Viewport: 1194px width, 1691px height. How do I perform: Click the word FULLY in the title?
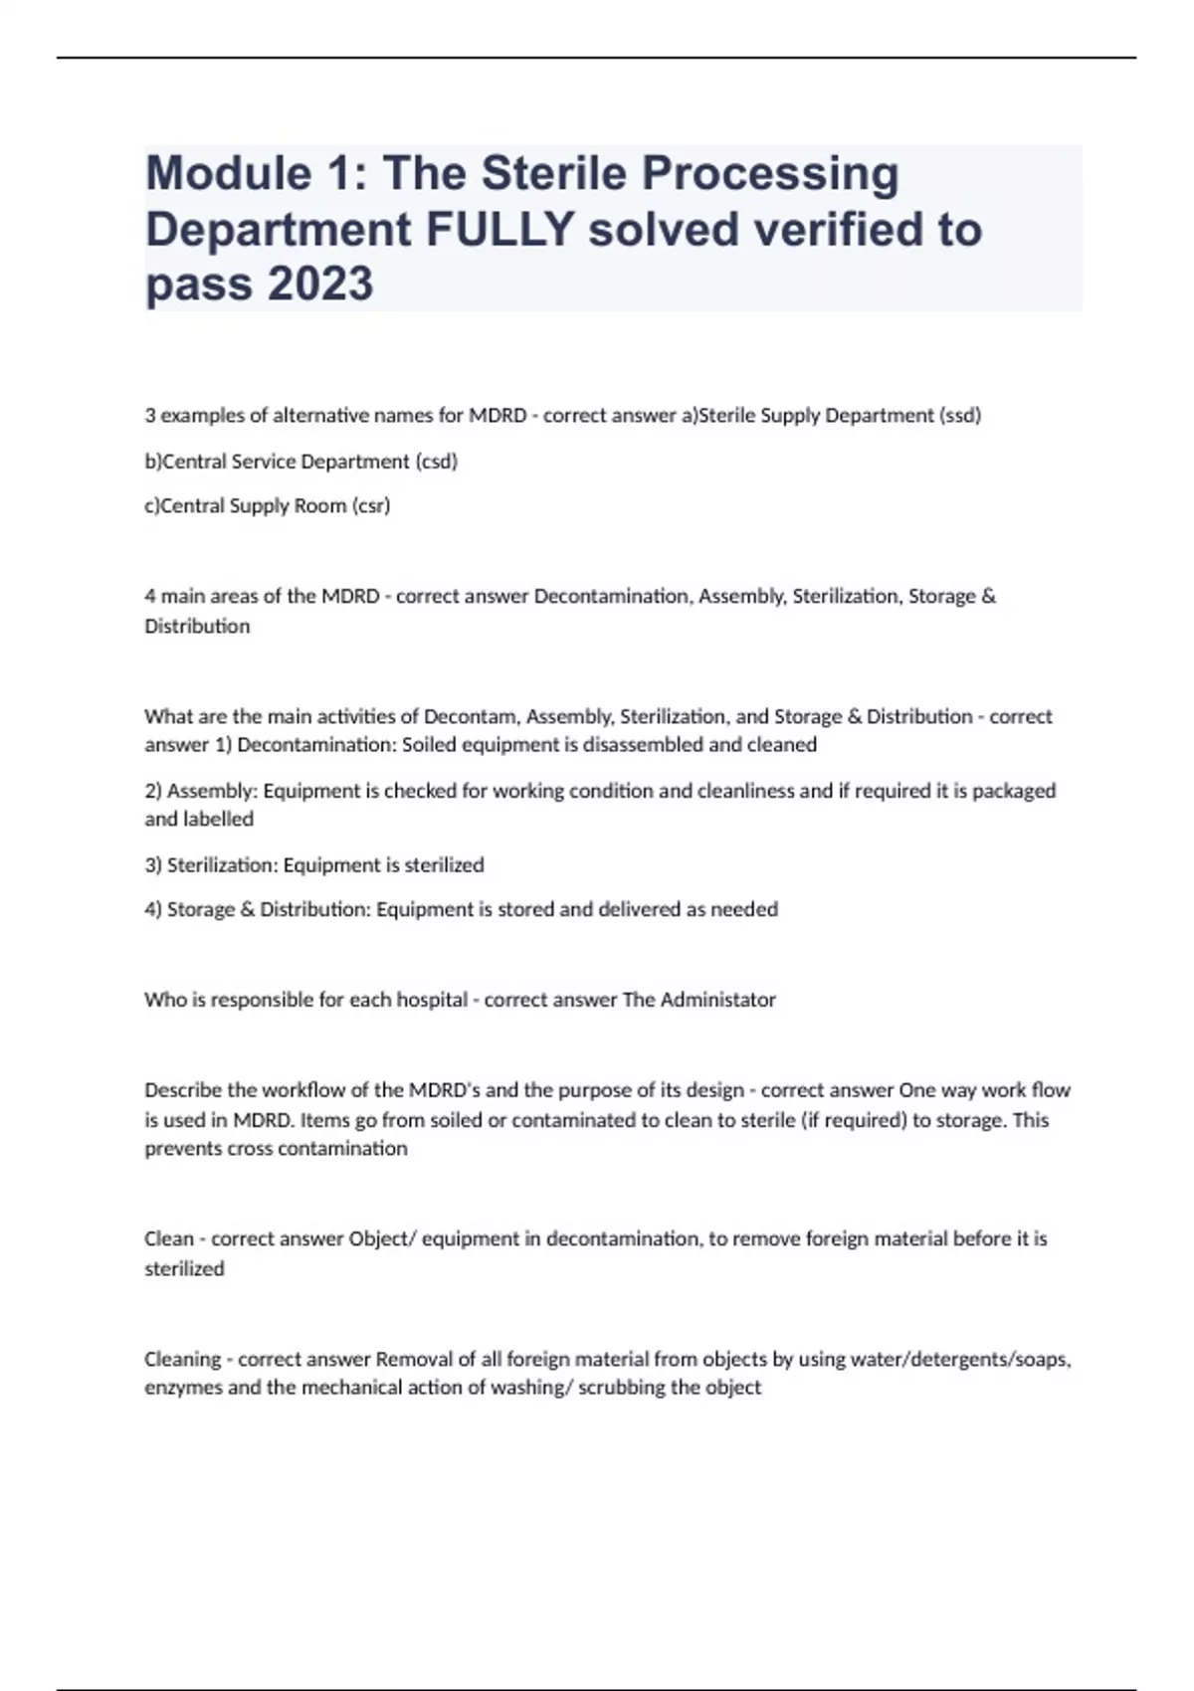click(499, 230)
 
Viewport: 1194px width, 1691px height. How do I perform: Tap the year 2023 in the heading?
click(319, 284)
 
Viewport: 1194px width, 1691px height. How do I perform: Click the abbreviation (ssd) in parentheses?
click(959, 416)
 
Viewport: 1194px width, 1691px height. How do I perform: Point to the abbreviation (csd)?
click(436, 462)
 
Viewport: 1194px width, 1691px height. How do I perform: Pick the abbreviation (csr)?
click(371, 505)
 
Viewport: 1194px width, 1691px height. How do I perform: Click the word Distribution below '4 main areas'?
click(197, 626)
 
